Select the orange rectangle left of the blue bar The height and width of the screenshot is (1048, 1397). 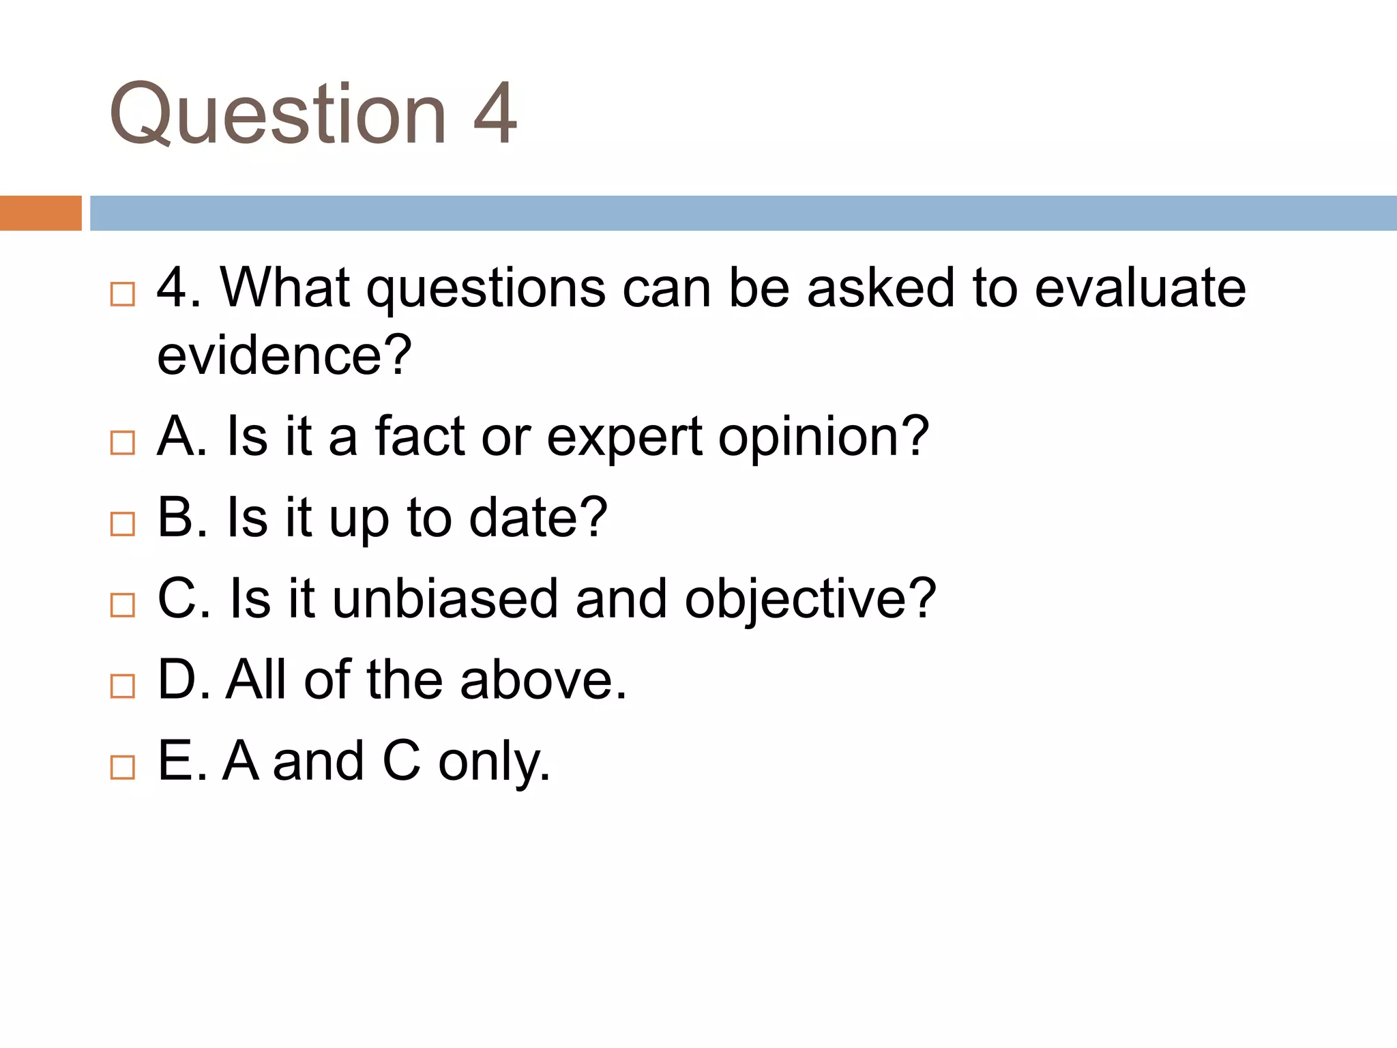tap(40, 213)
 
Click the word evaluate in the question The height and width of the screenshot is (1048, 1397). tap(1140, 288)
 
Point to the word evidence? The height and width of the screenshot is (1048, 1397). tap(284, 355)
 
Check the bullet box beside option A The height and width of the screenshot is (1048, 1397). tap(123, 443)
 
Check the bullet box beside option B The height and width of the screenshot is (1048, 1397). tap(123, 523)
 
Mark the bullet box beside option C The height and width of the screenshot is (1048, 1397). tap(123, 605)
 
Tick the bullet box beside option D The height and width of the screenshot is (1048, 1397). tap(123, 686)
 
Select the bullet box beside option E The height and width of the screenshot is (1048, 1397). tap(123, 767)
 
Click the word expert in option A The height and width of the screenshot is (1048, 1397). tap(624, 438)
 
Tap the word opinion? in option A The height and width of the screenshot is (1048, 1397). tap(823, 438)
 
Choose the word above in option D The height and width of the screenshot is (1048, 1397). tap(543, 680)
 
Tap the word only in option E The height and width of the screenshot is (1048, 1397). tap(494, 763)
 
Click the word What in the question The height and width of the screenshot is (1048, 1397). tap(285, 288)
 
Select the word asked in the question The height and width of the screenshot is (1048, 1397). tap(881, 288)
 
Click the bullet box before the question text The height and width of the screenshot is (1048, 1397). tap(123, 294)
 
